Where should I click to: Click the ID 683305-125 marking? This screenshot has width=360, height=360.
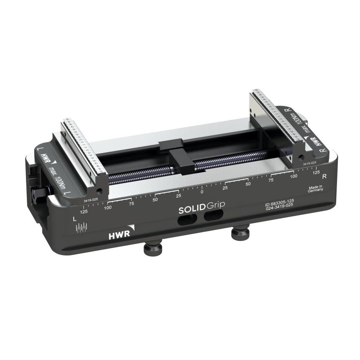point(279,201)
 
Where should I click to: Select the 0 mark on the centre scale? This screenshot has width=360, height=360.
point(202,191)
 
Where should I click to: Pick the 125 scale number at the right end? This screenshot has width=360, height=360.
point(316,172)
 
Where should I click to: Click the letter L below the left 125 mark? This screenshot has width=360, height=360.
point(75,219)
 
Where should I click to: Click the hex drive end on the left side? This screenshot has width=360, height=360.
point(35,195)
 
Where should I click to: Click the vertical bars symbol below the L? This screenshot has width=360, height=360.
point(81,228)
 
